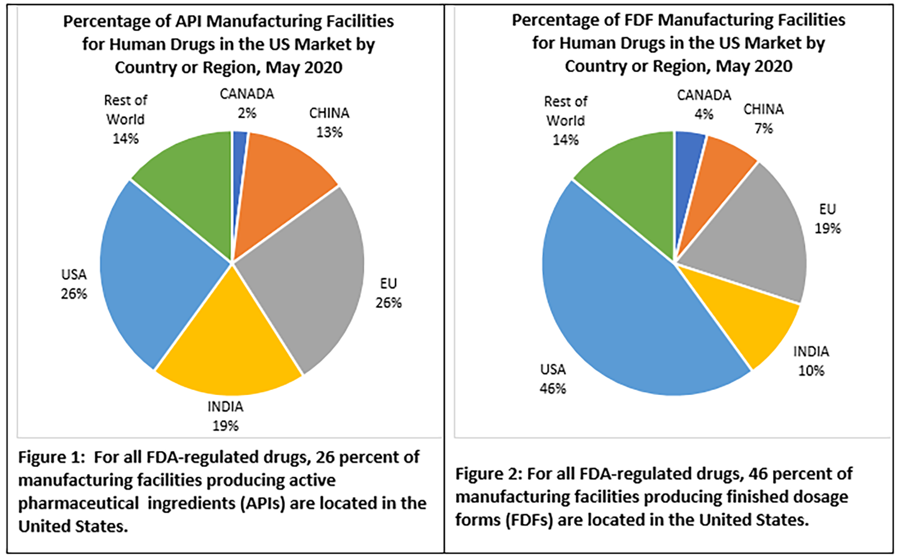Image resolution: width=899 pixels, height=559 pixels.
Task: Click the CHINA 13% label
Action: (329, 122)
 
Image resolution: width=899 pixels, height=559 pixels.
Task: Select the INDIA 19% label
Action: (225, 416)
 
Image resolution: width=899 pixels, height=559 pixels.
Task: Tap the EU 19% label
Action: (828, 219)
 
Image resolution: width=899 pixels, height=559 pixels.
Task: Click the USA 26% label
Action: (74, 284)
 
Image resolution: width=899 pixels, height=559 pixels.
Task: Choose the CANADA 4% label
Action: (703, 104)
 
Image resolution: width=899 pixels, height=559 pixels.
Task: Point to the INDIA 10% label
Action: (811, 361)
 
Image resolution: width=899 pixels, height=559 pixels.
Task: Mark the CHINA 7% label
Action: (764, 119)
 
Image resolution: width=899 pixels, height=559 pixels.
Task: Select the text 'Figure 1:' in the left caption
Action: (52, 457)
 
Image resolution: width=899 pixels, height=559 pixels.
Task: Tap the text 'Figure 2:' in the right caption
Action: (488, 474)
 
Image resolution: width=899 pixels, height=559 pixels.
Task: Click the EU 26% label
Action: (388, 293)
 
